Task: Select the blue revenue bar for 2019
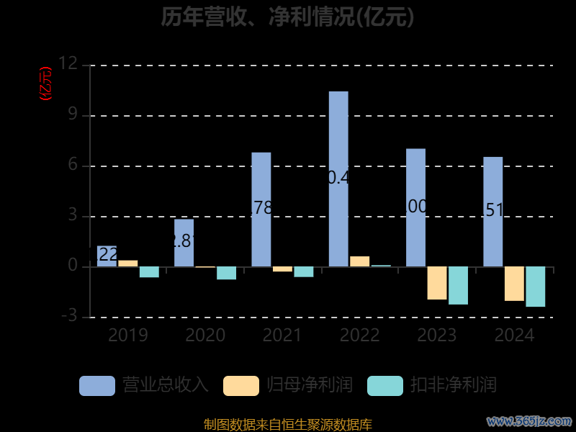click(x=107, y=256)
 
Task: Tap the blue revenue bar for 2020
click(x=184, y=243)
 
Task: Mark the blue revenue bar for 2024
click(x=492, y=212)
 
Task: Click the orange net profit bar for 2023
click(x=436, y=283)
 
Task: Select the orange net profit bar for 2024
click(x=514, y=284)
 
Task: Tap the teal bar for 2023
click(x=458, y=285)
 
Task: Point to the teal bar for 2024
click(x=535, y=287)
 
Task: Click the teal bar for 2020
click(x=226, y=273)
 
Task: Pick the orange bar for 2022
click(x=359, y=261)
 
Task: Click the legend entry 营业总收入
click(x=144, y=385)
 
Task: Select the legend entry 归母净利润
click(x=288, y=385)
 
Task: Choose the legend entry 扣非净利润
click(x=432, y=385)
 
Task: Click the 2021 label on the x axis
click(x=282, y=335)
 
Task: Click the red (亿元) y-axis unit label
click(x=45, y=83)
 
